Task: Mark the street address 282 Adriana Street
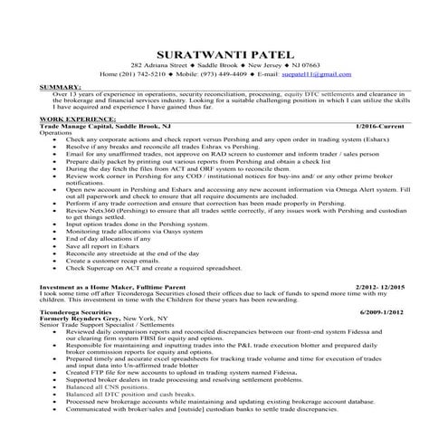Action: click(x=163, y=66)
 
